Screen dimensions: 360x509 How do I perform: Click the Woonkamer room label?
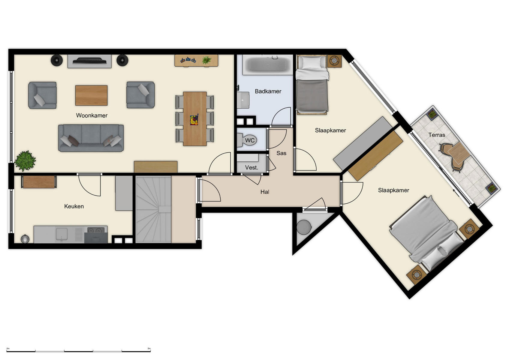[x=92, y=115]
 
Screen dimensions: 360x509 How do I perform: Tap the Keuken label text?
[x=74, y=206]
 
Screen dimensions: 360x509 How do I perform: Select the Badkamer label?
[x=268, y=91]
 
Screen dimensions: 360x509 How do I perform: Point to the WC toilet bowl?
[x=248, y=140]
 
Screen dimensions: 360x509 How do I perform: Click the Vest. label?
[x=251, y=168]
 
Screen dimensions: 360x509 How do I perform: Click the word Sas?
[x=281, y=153]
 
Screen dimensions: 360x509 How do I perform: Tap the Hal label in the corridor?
[x=264, y=192]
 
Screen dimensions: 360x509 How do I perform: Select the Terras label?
[x=437, y=135]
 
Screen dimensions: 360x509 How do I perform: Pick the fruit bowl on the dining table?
[x=194, y=120]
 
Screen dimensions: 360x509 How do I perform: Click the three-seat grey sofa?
[x=91, y=138]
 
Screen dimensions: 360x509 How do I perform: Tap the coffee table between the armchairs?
[x=91, y=95]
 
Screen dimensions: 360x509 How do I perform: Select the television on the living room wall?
[x=89, y=61]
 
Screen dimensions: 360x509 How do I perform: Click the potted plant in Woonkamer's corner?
[x=25, y=161]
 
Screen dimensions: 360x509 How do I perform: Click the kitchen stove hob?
[x=96, y=231]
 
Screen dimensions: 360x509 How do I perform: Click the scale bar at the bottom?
[x=79, y=351]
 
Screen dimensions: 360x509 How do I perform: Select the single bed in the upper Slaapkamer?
[x=312, y=87]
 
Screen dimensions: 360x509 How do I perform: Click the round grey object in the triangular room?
[x=304, y=227]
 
